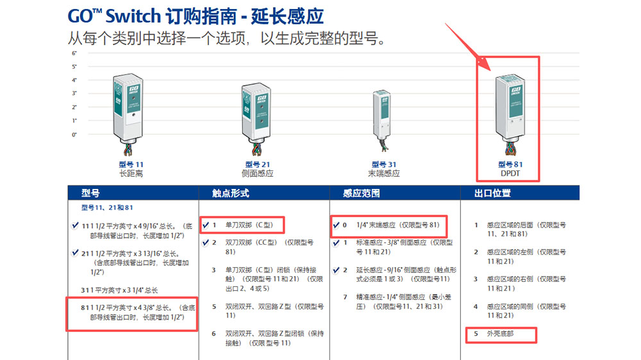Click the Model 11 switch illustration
(x=128, y=113)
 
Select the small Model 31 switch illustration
(x=382, y=121)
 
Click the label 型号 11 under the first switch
(x=131, y=165)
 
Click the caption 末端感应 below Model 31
(x=383, y=174)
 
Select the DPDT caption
(x=510, y=174)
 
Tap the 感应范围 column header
(x=362, y=193)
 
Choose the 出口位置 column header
(x=492, y=193)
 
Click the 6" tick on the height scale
(x=74, y=53)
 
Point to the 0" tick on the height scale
(x=74, y=135)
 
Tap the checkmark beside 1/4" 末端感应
(x=336, y=225)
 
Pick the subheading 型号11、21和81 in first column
(x=107, y=208)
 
